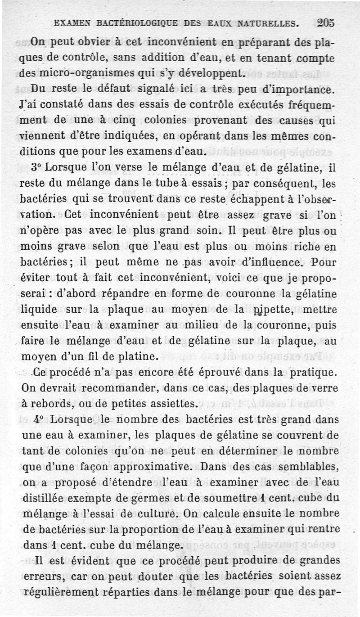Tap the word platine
(135, 357)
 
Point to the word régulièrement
(63, 592)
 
